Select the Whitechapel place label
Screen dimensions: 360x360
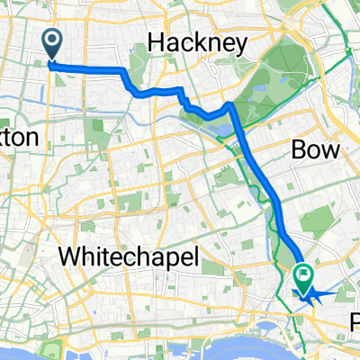click(129, 256)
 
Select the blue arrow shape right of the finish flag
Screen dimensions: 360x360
click(326, 293)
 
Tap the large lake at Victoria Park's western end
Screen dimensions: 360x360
click(220, 130)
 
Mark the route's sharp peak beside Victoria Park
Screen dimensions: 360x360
click(230, 105)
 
